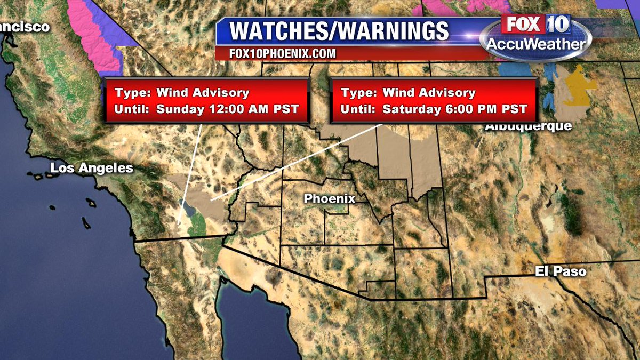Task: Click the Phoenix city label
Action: (329, 198)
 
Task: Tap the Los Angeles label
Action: (91, 169)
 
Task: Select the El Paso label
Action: (561, 271)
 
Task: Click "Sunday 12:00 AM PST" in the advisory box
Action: (227, 109)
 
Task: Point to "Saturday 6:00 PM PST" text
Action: (455, 109)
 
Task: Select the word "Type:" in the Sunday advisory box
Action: (132, 92)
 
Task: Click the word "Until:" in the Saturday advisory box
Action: (358, 109)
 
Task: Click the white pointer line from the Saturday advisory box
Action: (299, 162)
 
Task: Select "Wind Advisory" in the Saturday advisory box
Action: (429, 92)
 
